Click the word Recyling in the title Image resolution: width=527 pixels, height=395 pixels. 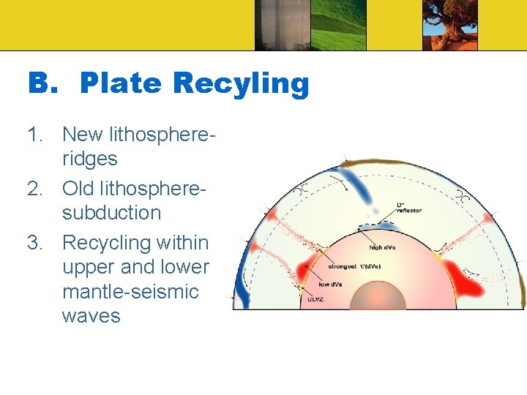point(241,84)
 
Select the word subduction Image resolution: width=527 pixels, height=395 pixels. point(111,213)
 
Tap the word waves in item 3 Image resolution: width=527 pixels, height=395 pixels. point(91,316)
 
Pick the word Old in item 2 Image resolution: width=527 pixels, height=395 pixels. point(78,188)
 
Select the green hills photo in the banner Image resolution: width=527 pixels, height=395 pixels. point(338,25)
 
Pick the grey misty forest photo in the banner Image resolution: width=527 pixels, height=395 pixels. point(281,25)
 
